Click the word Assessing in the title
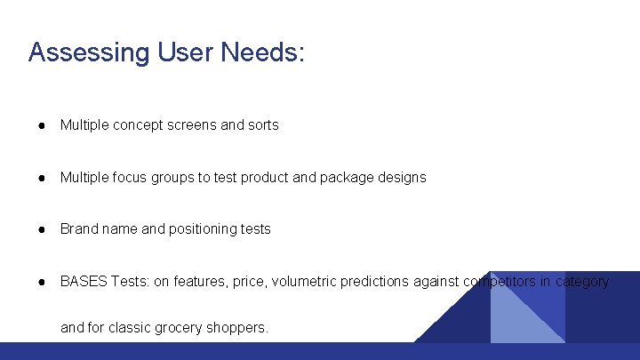tap(86, 52)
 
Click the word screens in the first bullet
tap(191, 125)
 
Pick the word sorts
tap(263, 125)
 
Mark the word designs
tap(401, 177)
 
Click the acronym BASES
tap(84, 282)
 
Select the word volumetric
tap(303, 282)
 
